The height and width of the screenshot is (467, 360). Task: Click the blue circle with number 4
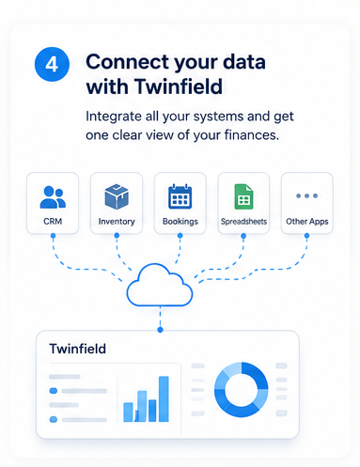coord(52,64)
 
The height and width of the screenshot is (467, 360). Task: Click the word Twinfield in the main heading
coord(179,86)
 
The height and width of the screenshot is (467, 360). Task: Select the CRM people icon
coord(53,197)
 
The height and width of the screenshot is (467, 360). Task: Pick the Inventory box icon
coord(117,196)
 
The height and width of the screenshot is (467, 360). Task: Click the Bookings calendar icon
coord(180,196)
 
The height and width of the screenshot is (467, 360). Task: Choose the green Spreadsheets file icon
coord(243,196)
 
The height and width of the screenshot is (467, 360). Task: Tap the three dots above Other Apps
coord(307,195)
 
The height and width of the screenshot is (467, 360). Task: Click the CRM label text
coord(53,222)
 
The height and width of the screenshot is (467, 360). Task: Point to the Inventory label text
coord(117,222)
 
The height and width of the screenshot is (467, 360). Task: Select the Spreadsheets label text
coord(243,222)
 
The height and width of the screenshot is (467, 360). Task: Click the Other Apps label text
coord(307,222)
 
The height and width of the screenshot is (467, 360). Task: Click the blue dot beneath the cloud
coord(160,330)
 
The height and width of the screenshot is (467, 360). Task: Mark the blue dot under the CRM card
coord(53,236)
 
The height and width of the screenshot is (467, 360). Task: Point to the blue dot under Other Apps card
coord(306,236)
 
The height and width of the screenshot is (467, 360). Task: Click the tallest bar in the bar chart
coord(164,399)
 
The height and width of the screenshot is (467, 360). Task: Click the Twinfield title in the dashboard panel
coord(78,349)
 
